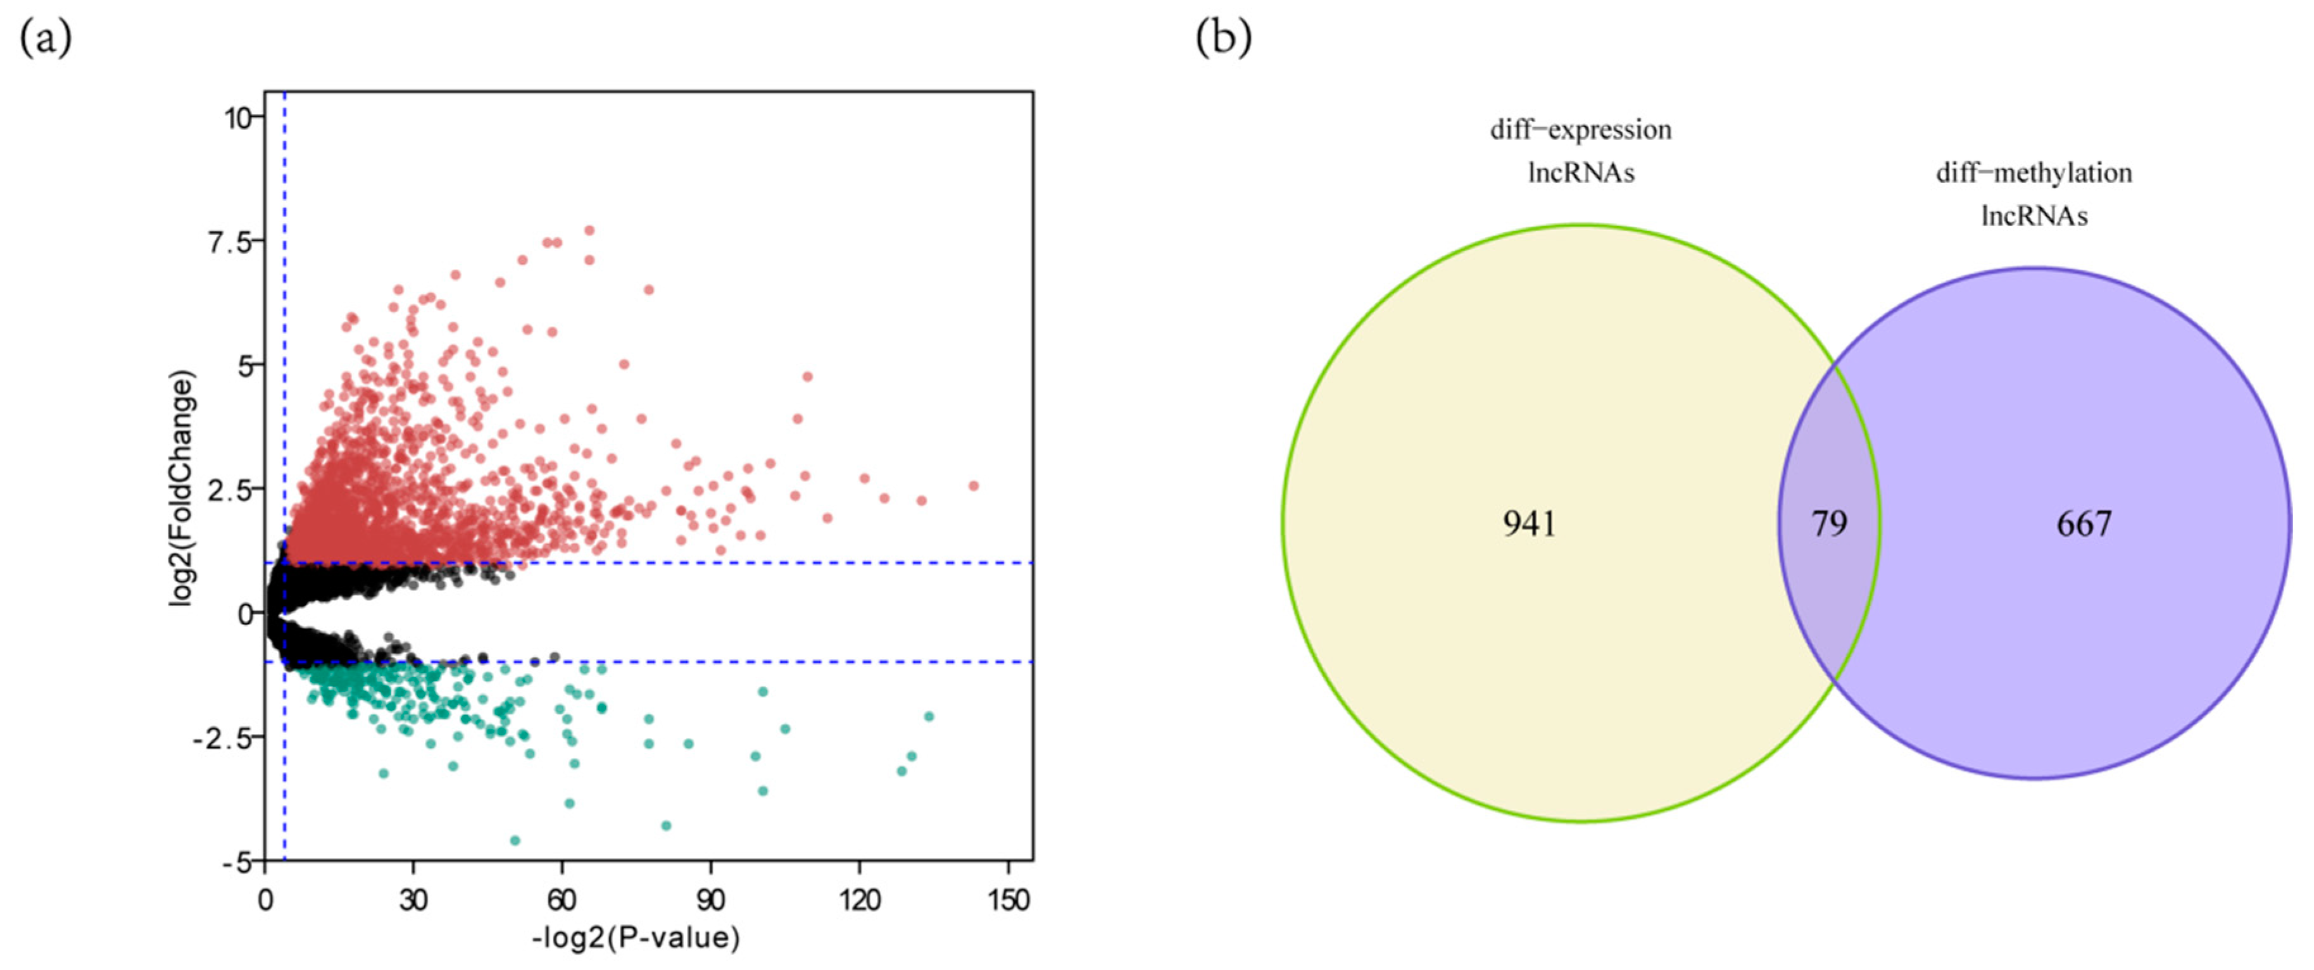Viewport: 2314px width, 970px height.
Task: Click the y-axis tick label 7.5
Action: click(x=230, y=242)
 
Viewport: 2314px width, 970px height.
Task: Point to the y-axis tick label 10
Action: click(x=239, y=118)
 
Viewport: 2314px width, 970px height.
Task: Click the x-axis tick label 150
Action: click(x=1008, y=900)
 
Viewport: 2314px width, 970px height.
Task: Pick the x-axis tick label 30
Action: click(x=413, y=900)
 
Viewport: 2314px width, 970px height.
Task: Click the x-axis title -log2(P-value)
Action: click(x=636, y=938)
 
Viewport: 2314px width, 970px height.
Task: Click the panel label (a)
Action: click(x=45, y=38)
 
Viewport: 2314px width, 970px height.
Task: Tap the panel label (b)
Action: click(x=1223, y=38)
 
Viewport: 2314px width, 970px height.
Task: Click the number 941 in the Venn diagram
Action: click(x=1529, y=524)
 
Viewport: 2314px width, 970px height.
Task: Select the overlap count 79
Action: click(x=1829, y=524)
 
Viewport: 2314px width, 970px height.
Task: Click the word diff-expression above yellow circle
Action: click(x=1581, y=130)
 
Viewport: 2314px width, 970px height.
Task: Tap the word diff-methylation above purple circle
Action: click(x=2034, y=173)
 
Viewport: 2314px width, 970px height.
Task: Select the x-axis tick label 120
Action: click(x=860, y=900)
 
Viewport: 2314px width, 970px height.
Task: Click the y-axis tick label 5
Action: click(x=246, y=366)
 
